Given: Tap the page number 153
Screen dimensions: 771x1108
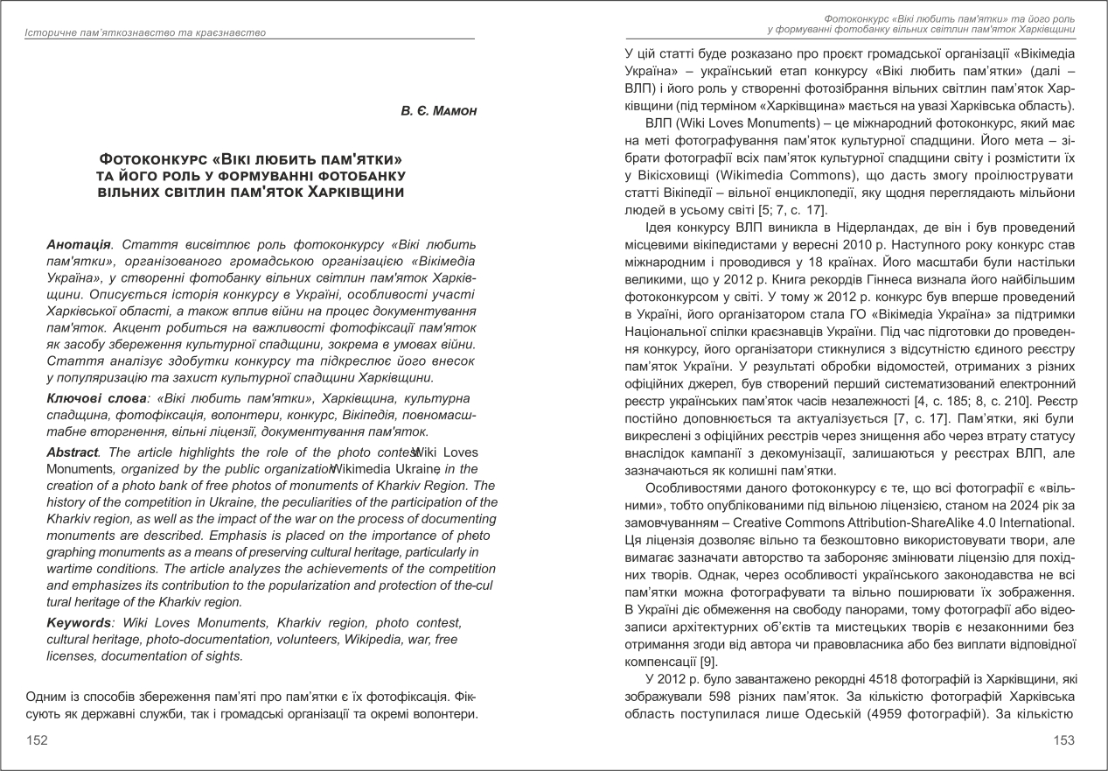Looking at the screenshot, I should (1063, 740).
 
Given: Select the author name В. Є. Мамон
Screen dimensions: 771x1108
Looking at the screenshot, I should (438, 112).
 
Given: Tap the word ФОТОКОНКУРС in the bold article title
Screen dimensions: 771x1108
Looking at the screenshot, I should (154, 160).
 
